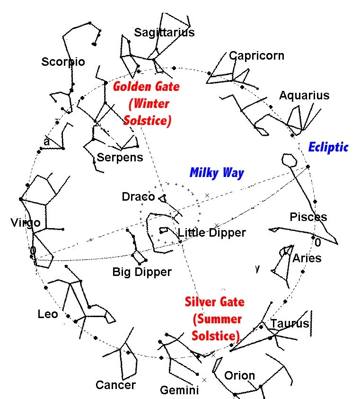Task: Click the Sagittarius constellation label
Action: pos(164,32)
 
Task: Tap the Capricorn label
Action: pos(256,55)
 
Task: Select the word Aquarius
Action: pos(304,95)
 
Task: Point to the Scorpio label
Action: pos(63,62)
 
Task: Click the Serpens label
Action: pos(120,157)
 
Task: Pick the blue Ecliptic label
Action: pos(328,147)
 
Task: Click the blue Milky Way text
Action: pos(217,173)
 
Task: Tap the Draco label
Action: pos(138,196)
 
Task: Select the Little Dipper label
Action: pos(211,232)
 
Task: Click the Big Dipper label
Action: pos(142,272)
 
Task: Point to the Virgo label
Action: pos(25,222)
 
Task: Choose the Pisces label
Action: pos(308,217)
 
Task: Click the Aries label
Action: pos(307,258)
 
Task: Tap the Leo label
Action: pos(48,314)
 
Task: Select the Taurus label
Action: pos(289,324)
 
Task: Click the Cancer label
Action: pos(115,385)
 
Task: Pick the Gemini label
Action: pos(179,390)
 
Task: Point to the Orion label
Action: pos(239,376)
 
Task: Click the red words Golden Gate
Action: pos(146,87)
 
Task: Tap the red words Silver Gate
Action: pos(214,301)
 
